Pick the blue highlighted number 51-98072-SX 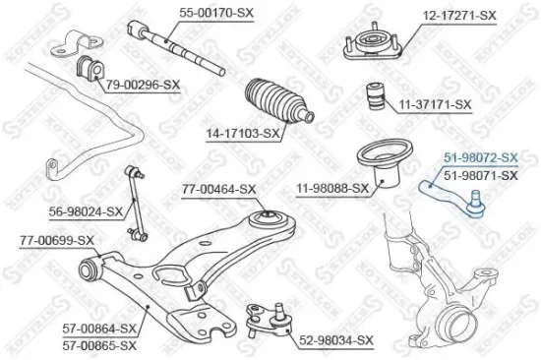point(480,157)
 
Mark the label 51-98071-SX point(480,175)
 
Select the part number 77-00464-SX point(218,189)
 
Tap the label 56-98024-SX point(88,210)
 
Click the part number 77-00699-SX point(57,240)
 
